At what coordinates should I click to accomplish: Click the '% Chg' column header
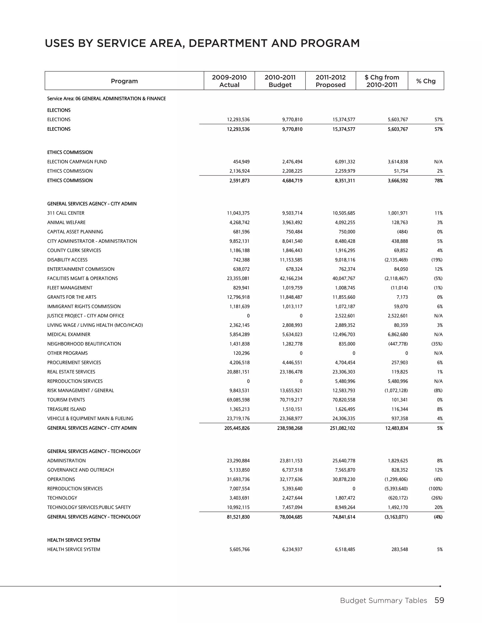pos(426,81)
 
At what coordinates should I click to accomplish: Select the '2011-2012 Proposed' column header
pos(330,81)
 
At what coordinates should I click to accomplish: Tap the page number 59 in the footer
pos(439,600)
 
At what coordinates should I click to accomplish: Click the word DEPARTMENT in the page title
pos(227,43)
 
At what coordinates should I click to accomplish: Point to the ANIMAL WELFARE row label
pos(66,222)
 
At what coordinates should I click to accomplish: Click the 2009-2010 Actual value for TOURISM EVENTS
pos(238,400)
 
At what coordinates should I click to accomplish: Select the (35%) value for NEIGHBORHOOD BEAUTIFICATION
pos(437,344)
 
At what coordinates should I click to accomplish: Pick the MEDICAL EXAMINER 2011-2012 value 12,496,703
pos(344,335)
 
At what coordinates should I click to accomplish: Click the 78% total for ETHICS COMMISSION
pos(439,181)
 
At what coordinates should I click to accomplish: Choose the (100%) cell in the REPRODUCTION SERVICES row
pos(435,489)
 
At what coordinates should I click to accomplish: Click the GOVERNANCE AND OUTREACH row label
pos(80,470)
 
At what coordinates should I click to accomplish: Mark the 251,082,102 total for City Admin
pos(342,428)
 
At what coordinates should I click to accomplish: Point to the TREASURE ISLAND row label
pos(67,409)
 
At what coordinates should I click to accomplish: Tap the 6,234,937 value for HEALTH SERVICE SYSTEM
pos(292,550)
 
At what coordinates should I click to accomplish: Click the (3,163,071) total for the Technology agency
pos(396,517)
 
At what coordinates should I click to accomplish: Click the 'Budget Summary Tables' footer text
pos(383,601)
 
